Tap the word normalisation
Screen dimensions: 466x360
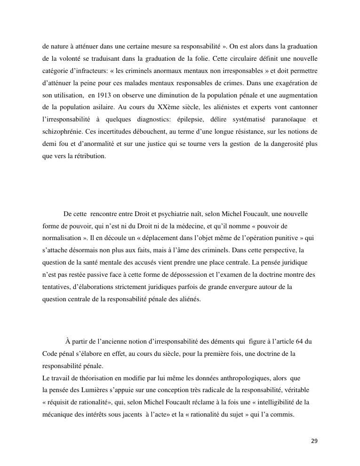(62, 238)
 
